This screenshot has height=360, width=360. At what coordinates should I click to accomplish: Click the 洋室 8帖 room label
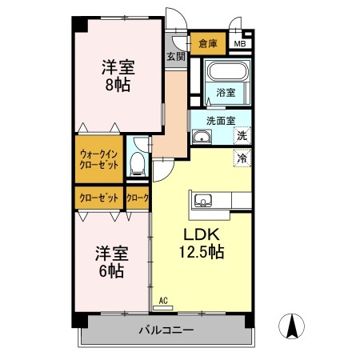(117, 76)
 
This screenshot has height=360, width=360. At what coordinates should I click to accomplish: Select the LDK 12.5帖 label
(200, 243)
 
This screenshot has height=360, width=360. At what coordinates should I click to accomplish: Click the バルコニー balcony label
(166, 330)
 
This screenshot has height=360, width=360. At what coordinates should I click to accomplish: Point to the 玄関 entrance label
(176, 56)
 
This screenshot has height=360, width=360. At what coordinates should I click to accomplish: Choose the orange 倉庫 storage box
(208, 43)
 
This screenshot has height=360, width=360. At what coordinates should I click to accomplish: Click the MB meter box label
(239, 43)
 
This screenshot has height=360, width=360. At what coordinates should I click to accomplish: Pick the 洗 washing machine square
(241, 137)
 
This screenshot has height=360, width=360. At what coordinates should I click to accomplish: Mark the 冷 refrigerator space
(241, 158)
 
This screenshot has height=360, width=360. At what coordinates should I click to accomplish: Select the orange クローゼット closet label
(100, 198)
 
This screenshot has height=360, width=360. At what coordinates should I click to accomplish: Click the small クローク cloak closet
(138, 198)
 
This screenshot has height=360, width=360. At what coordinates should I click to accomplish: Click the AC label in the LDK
(163, 301)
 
